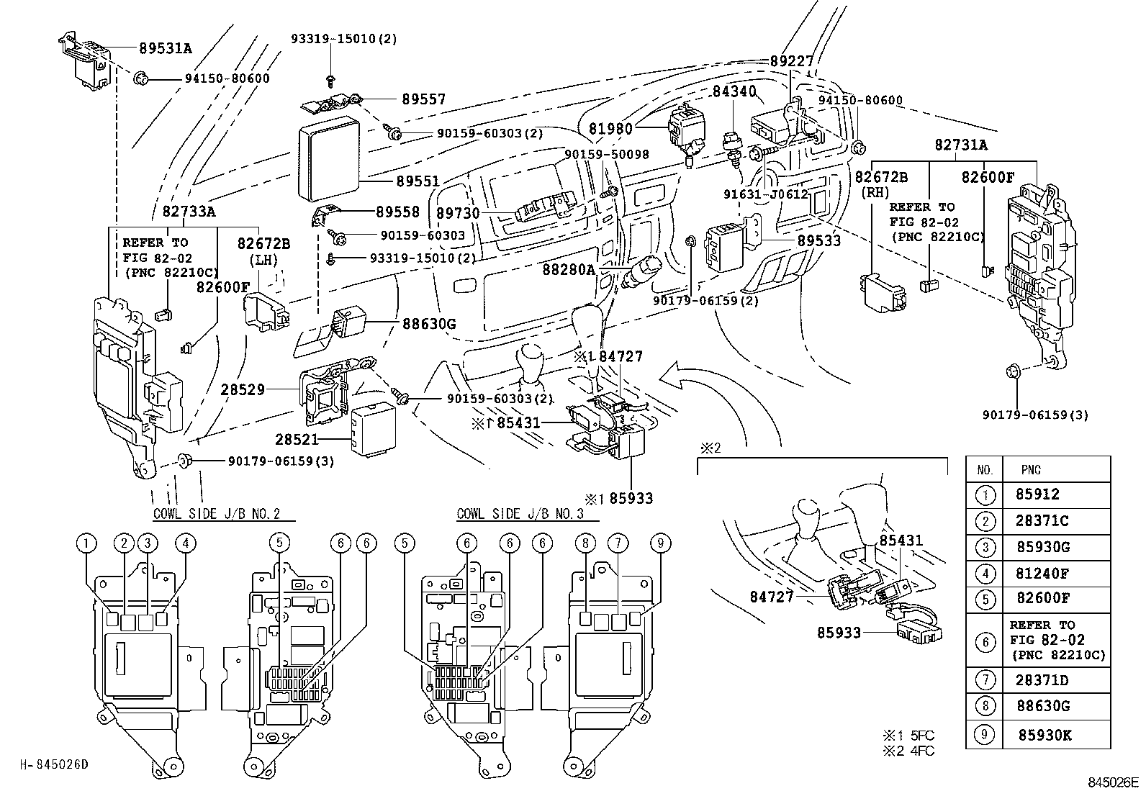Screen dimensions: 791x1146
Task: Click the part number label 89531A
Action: click(x=166, y=48)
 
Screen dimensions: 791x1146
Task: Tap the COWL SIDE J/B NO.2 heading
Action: click(x=216, y=514)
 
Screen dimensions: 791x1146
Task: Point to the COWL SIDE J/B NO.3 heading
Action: click(x=520, y=514)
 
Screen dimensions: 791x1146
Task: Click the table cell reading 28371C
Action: click(x=1042, y=520)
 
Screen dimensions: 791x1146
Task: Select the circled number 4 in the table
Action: click(x=985, y=574)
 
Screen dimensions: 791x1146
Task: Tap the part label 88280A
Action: click(x=569, y=269)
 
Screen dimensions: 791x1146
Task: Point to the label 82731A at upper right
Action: click(x=961, y=145)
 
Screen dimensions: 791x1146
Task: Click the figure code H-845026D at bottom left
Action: click(x=54, y=764)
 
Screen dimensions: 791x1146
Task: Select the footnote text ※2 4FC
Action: click(x=908, y=751)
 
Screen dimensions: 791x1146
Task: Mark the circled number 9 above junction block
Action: click(x=660, y=543)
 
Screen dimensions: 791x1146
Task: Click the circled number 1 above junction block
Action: click(x=87, y=543)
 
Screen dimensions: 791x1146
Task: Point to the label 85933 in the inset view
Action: click(x=840, y=633)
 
